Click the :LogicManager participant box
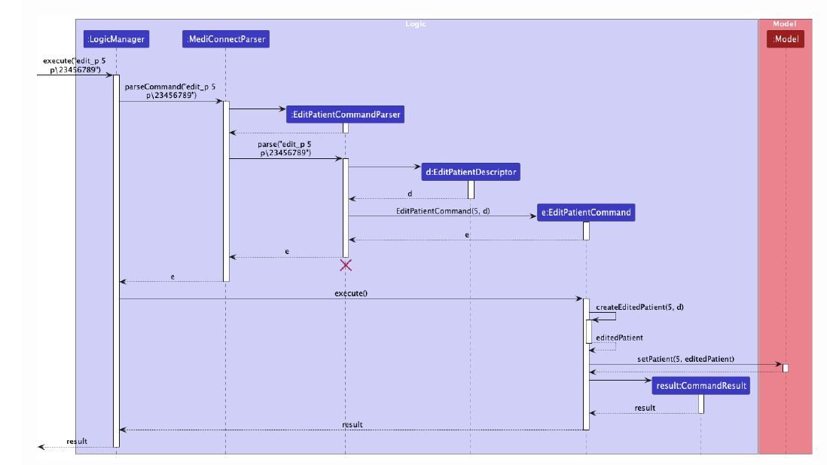pos(116,38)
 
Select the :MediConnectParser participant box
pos(224,38)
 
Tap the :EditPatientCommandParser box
pos(345,114)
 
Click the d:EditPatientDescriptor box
pos(471,172)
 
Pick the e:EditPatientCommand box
pos(586,213)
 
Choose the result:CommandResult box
pos(700,385)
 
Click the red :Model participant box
pos(785,38)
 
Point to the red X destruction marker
pos(346,265)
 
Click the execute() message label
pos(350,292)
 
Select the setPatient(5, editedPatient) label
pos(685,359)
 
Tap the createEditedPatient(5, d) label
pos(639,307)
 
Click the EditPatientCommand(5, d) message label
pos(443,211)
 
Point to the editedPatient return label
pos(619,338)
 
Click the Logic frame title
pos(415,24)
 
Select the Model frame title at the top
pos(784,24)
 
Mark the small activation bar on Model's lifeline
pos(785,368)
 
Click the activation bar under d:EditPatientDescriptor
pos(471,189)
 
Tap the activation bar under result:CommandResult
pos(700,403)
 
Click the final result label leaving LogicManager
pos(77,441)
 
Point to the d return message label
pos(410,194)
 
